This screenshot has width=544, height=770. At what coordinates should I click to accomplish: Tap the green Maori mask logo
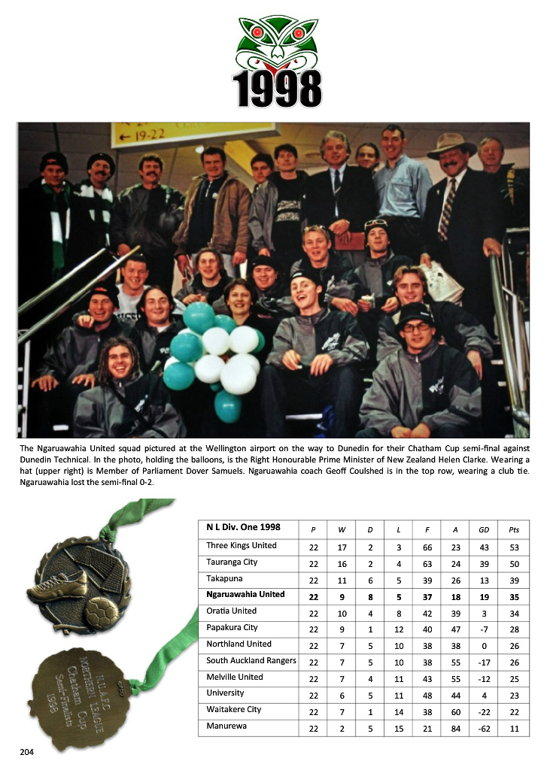coord(278,44)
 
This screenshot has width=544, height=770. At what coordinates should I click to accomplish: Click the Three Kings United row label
coord(242,546)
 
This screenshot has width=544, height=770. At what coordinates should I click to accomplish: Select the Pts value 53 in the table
coord(514,546)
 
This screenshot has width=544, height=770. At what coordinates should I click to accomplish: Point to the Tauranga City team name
coord(232,562)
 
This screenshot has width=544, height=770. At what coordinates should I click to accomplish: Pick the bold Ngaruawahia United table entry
coord(245,595)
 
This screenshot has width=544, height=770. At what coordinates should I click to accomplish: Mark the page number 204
coord(27,750)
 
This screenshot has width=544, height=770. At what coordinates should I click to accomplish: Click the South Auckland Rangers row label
coord(251,661)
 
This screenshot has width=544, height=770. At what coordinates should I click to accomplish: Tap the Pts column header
coord(514,529)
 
